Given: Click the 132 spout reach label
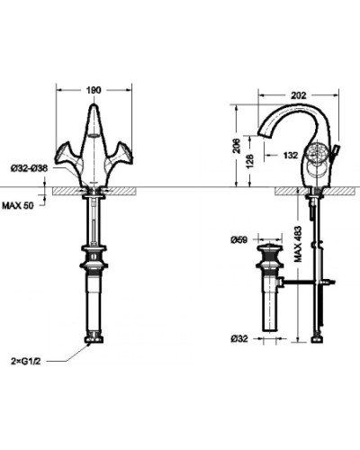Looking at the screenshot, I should (x=292, y=155).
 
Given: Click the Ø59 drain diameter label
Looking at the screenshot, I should (x=238, y=240).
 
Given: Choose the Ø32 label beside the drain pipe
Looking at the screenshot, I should (x=238, y=337).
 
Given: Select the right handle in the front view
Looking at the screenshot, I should (x=121, y=153).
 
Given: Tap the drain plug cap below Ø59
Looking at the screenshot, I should (x=270, y=246).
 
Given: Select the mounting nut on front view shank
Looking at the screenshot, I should (x=94, y=251).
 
